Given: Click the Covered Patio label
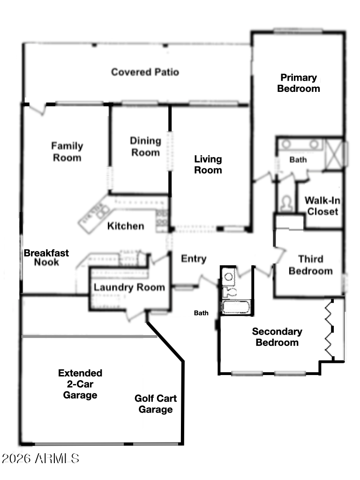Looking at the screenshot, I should [145, 72].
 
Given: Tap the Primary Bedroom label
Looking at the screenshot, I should [299, 83].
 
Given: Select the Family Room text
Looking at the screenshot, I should [67, 151].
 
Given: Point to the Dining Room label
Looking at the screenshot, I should [145, 146].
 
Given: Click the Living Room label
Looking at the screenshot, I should [208, 165].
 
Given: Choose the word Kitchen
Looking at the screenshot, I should [126, 226].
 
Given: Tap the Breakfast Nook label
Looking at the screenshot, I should [46, 257].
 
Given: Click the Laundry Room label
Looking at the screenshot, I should [129, 287].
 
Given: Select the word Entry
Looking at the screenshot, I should [194, 259].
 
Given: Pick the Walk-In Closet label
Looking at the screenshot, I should [322, 206].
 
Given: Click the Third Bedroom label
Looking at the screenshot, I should [311, 265].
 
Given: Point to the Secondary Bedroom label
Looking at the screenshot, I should [277, 337].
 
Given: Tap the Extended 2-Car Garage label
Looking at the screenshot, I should [80, 384].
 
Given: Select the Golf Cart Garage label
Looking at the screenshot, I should [156, 404].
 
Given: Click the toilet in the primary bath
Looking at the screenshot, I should [285, 203].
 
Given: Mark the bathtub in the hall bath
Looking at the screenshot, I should [236, 307].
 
